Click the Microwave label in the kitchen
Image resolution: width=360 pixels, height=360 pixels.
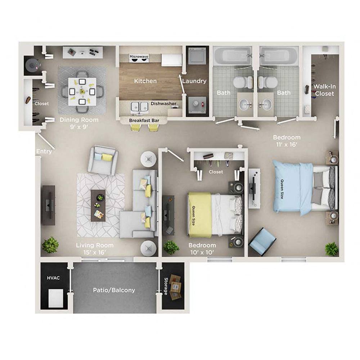(139, 57)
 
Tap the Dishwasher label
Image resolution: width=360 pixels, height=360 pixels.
(163, 104)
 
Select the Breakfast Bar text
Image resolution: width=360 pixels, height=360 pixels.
(144, 121)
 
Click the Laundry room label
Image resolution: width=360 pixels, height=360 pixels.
(194, 81)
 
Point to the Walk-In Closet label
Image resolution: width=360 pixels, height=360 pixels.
(324, 90)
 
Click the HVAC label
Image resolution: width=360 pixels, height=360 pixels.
(53, 278)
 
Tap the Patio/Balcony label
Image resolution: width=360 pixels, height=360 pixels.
(114, 290)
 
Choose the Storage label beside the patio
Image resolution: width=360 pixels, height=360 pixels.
(166, 286)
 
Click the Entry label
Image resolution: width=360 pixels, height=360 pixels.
(44, 151)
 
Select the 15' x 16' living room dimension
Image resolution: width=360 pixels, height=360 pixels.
(95, 252)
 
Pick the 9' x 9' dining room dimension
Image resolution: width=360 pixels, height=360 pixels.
(79, 127)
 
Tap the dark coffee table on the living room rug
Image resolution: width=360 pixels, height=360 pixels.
(98, 206)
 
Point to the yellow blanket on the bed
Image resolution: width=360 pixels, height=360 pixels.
(199, 215)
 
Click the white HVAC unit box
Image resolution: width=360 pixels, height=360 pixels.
(55, 298)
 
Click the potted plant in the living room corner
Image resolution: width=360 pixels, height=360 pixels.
(50, 245)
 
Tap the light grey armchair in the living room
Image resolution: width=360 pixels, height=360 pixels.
(103, 161)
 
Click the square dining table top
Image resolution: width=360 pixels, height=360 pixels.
(82, 92)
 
